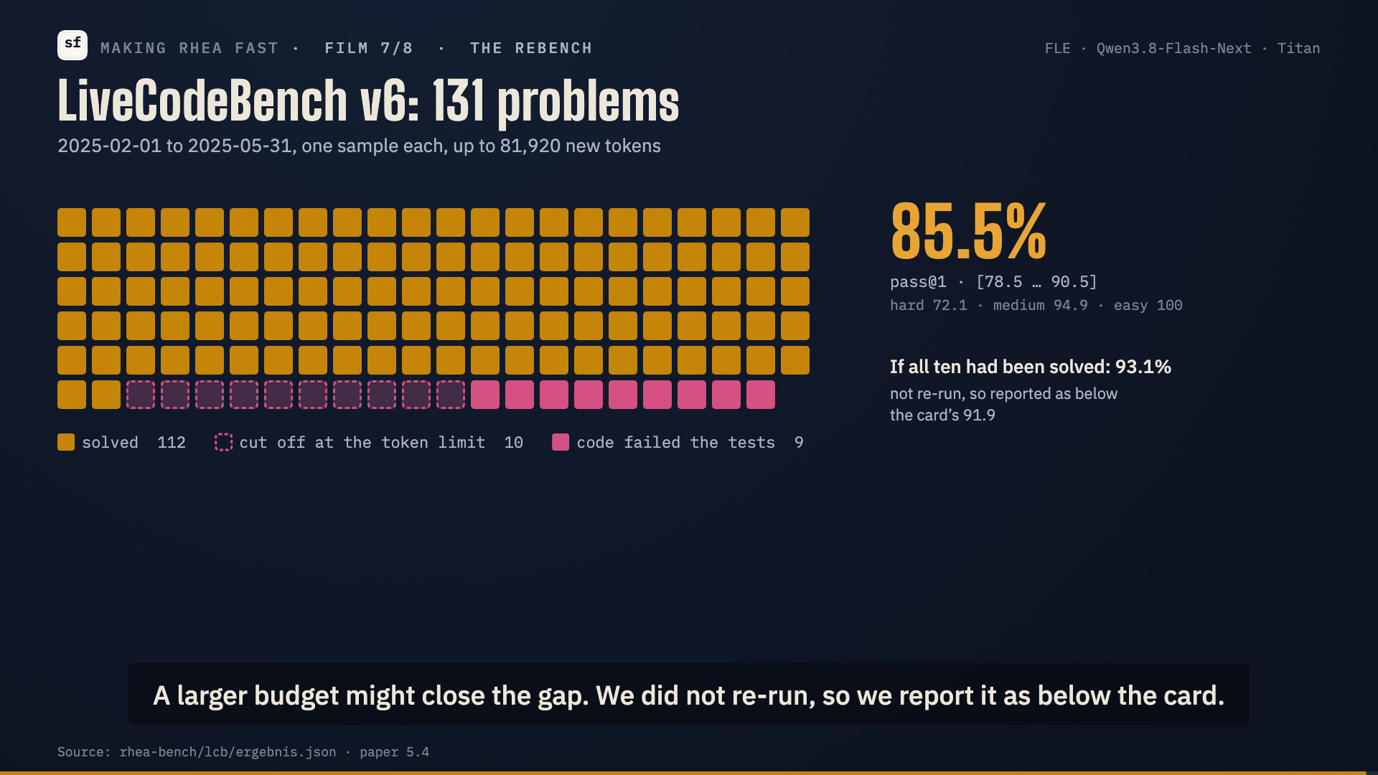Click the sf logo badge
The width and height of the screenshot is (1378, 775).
pos(72,45)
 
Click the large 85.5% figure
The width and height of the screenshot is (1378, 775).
pos(968,231)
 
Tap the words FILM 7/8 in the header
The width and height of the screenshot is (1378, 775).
pos(369,48)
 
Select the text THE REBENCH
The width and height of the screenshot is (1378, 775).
pos(531,48)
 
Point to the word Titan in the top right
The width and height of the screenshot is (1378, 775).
pos(1298,48)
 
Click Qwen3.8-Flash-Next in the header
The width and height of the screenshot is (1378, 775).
pos(1173,48)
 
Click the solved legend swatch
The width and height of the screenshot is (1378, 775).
pos(66,442)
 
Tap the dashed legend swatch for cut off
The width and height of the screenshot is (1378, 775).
pos(224,442)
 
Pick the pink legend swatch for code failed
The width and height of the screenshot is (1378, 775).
pos(561,442)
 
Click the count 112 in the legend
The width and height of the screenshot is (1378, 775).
pos(172,443)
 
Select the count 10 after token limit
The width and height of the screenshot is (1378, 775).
pos(513,443)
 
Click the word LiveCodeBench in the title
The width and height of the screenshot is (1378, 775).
pos(202,100)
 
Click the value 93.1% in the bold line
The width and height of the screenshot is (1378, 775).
pos(1143,367)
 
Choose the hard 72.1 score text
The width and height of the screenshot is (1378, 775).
pos(928,306)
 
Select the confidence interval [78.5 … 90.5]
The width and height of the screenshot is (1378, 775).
pos(1036,281)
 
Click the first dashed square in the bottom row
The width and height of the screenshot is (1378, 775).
pos(141,395)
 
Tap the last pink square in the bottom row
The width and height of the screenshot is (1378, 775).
pos(761,395)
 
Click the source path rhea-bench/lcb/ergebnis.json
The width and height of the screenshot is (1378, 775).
pos(228,752)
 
